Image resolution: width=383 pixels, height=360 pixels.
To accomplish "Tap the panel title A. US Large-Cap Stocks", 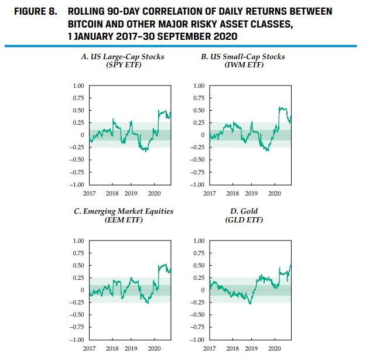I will (x=122, y=57).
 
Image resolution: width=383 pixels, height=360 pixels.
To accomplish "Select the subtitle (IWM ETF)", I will (x=244, y=64).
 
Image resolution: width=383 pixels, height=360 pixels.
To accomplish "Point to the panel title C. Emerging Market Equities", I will (x=126, y=211).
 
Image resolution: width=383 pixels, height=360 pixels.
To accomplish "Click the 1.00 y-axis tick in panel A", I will (x=78, y=86).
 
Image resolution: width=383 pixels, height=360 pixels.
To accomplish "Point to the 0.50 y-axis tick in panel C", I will (x=78, y=266).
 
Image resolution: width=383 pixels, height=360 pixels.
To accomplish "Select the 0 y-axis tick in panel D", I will (x=202, y=290).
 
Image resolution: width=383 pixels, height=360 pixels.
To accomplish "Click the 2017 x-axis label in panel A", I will (x=89, y=193).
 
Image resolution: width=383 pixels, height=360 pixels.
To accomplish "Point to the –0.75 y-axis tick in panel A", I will (x=76, y=173).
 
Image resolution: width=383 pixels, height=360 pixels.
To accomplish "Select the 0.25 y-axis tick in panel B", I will (x=198, y=123).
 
